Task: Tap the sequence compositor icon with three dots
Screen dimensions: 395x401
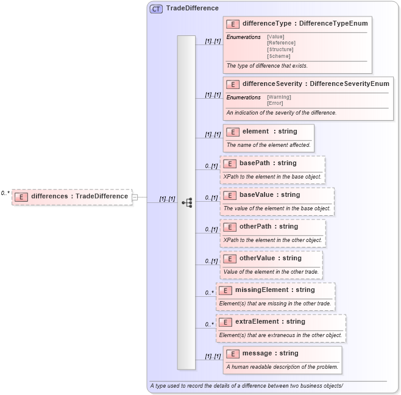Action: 186,202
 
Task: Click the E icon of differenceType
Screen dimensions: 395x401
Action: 232,24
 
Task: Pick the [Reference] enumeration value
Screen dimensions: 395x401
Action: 281,43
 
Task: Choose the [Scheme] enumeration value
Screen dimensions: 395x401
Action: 278,56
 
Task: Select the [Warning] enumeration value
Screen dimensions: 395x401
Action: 279,97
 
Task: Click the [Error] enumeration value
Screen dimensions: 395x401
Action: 275,103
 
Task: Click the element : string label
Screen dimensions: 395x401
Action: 269,131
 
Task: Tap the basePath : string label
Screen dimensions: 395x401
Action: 268,163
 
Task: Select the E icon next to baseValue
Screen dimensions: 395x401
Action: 230,195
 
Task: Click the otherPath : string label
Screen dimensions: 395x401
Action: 268,226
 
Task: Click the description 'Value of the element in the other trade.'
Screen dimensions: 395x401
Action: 271,272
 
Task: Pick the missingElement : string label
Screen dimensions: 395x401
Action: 275,290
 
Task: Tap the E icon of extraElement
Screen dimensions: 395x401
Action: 225,322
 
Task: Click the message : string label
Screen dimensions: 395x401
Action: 270,353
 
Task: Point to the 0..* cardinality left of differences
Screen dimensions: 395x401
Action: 5,193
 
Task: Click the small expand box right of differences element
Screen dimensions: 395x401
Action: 135,197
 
